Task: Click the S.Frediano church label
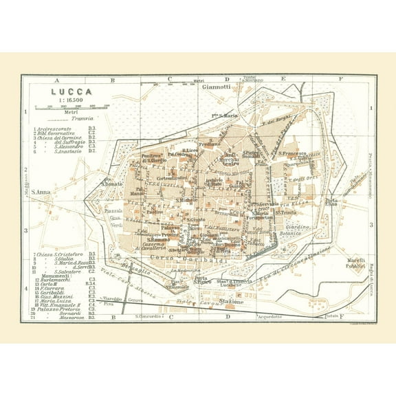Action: click(210, 144)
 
